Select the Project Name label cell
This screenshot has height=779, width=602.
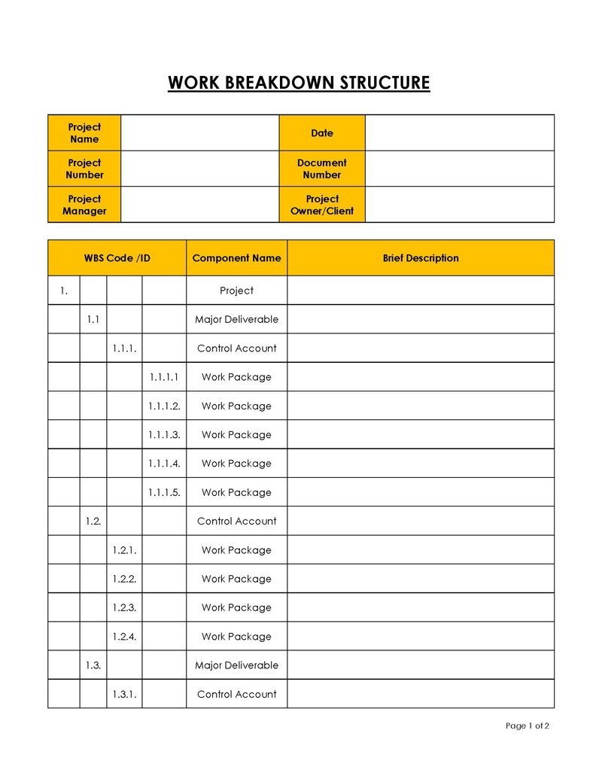pyautogui.click(x=84, y=133)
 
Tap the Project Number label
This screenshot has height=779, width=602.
pyautogui.click(x=84, y=169)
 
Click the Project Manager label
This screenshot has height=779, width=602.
pyautogui.click(x=84, y=205)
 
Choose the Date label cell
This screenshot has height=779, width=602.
pyautogui.click(x=322, y=133)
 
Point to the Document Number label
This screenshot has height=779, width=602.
pyautogui.click(x=322, y=169)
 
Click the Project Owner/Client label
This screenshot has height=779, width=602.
pyautogui.click(x=322, y=205)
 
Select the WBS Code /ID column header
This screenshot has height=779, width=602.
pyautogui.click(x=117, y=258)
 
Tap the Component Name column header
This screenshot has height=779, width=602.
pyautogui.click(x=236, y=258)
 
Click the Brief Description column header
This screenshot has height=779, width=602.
pyautogui.click(x=421, y=258)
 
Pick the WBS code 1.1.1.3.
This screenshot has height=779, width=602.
pyautogui.click(x=164, y=435)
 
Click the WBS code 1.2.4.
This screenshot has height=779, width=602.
pyautogui.click(x=124, y=637)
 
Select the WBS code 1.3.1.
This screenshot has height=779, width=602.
pyautogui.click(x=124, y=695)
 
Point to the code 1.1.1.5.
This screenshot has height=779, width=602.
pyautogui.click(x=164, y=493)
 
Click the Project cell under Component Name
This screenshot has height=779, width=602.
pyautogui.click(x=236, y=291)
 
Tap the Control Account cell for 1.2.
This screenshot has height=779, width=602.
pyautogui.click(x=236, y=522)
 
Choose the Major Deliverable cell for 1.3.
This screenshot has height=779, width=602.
pyautogui.click(x=236, y=665)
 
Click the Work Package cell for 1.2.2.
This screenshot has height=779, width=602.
pyautogui.click(x=236, y=580)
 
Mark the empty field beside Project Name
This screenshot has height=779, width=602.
pyautogui.click(x=199, y=133)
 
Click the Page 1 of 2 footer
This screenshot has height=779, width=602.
pyautogui.click(x=528, y=726)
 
